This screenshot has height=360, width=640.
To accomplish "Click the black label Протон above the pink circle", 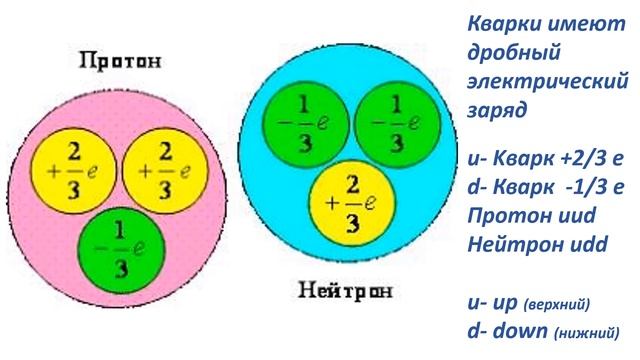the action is pos(119,62).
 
